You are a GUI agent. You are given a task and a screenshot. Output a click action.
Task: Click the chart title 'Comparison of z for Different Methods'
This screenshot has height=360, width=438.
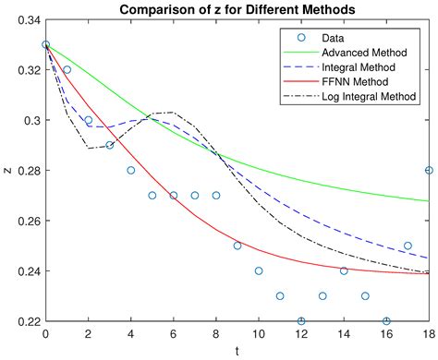[237, 9]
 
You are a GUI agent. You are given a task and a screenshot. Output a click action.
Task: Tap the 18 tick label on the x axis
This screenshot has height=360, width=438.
[429, 333]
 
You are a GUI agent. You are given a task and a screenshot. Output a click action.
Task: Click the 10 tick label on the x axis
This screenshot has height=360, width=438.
[259, 333]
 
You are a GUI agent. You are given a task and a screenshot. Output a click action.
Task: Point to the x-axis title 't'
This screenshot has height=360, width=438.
[237, 351]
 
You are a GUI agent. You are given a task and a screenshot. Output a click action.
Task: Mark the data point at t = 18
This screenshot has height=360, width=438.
[429, 170]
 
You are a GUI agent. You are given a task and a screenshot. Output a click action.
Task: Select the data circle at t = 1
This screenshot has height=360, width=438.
[67, 69]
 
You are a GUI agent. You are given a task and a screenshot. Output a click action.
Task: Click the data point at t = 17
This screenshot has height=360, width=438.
[408, 246]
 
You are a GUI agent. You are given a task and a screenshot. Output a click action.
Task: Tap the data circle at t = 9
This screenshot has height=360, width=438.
[237, 246]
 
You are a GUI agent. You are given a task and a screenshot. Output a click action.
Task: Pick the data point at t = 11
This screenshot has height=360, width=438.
[280, 296]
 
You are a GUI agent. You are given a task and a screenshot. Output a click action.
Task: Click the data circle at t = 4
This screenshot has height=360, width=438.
[130, 170]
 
